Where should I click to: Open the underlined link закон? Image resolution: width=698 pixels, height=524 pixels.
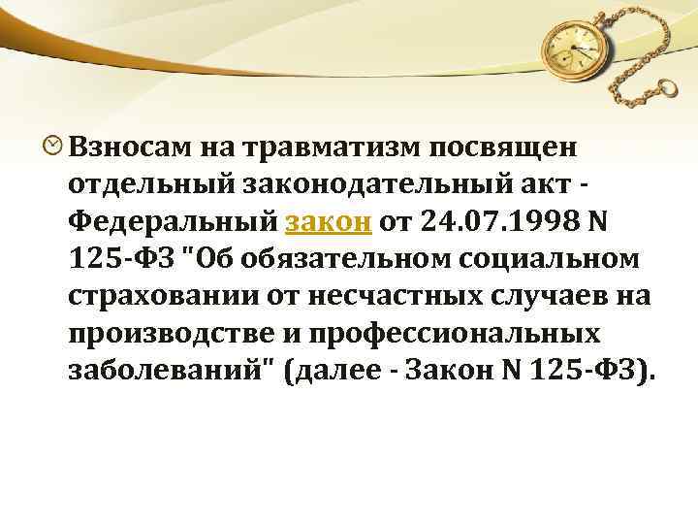coord(330,221)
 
